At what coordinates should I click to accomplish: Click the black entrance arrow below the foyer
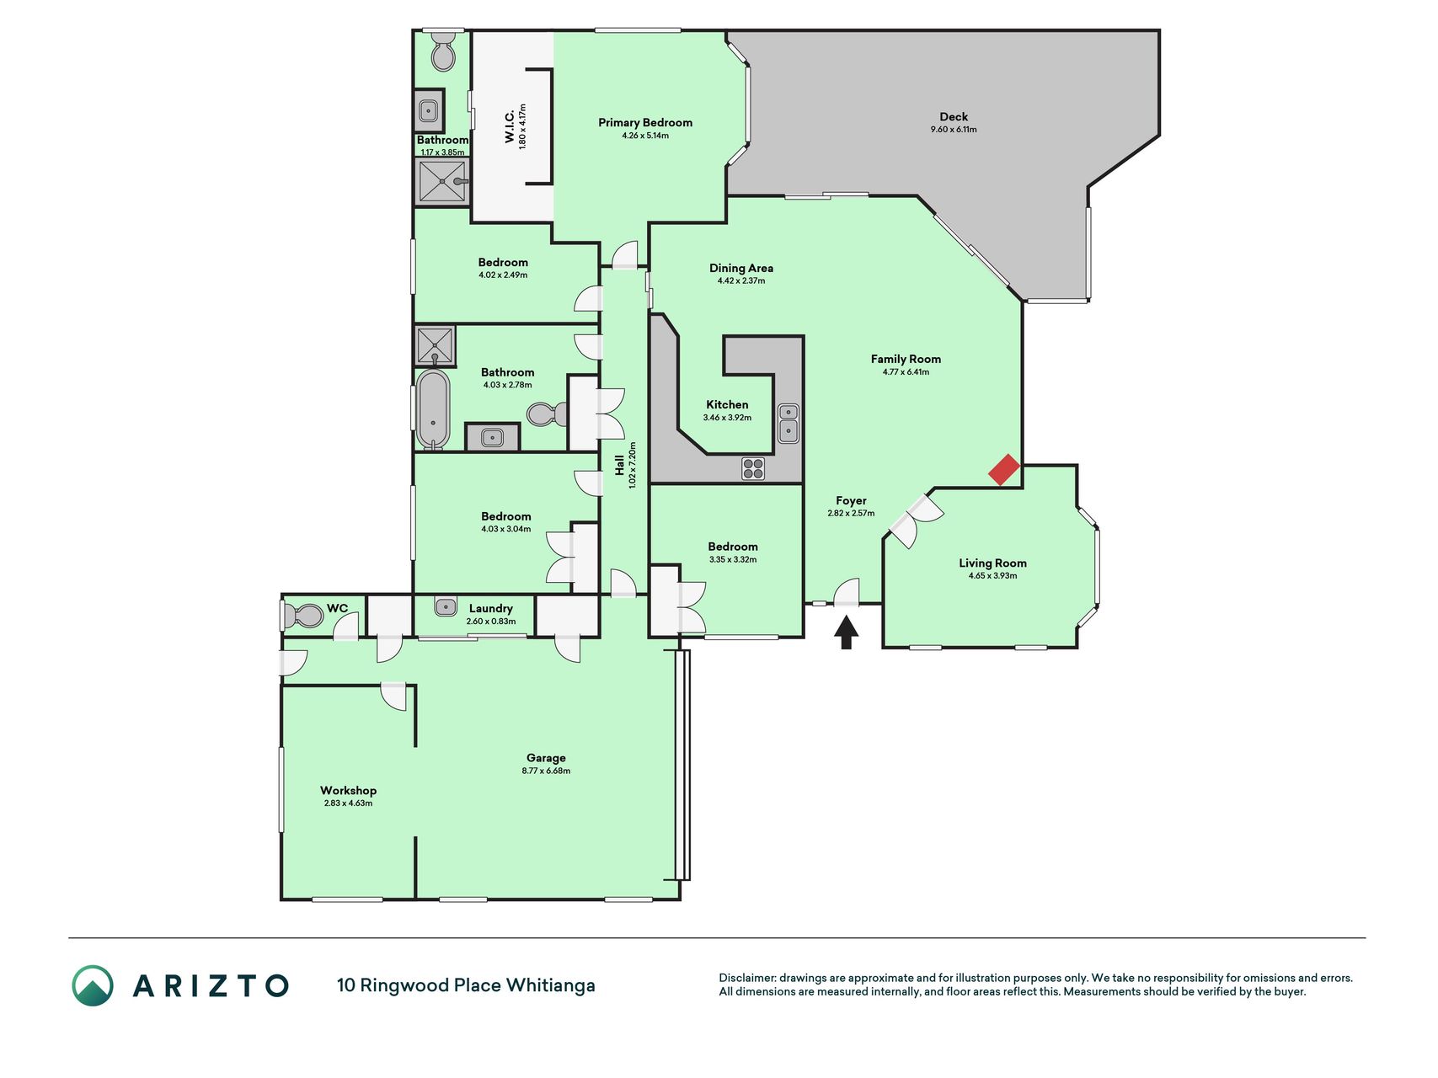pyautogui.click(x=847, y=632)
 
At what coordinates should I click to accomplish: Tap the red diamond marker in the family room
pyautogui.click(x=1004, y=470)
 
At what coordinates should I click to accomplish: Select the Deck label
pyautogui.click(x=954, y=117)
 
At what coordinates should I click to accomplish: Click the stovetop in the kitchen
pyautogui.click(x=753, y=468)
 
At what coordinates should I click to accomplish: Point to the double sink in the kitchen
pyautogui.click(x=788, y=423)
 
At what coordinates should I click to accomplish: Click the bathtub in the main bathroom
pyautogui.click(x=433, y=410)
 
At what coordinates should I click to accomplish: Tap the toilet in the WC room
pyautogui.click(x=303, y=616)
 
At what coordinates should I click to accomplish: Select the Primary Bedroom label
pyautogui.click(x=645, y=122)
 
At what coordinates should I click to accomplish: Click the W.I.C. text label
pyautogui.click(x=510, y=126)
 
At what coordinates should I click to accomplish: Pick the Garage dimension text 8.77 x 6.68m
pyautogui.click(x=546, y=771)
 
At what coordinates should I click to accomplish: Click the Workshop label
pyautogui.click(x=348, y=791)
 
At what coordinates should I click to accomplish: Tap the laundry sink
pyautogui.click(x=446, y=606)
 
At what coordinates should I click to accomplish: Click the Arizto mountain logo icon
pyautogui.click(x=92, y=985)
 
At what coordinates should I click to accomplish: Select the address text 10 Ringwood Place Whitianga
pyautogui.click(x=466, y=985)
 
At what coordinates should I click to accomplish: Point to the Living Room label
pyautogui.click(x=992, y=563)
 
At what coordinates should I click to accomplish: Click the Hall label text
pyautogui.click(x=619, y=466)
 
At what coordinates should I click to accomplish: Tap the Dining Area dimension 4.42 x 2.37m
pyautogui.click(x=741, y=281)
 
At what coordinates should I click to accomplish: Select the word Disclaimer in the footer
pyautogui.click(x=746, y=978)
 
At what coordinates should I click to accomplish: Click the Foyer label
pyautogui.click(x=851, y=500)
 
